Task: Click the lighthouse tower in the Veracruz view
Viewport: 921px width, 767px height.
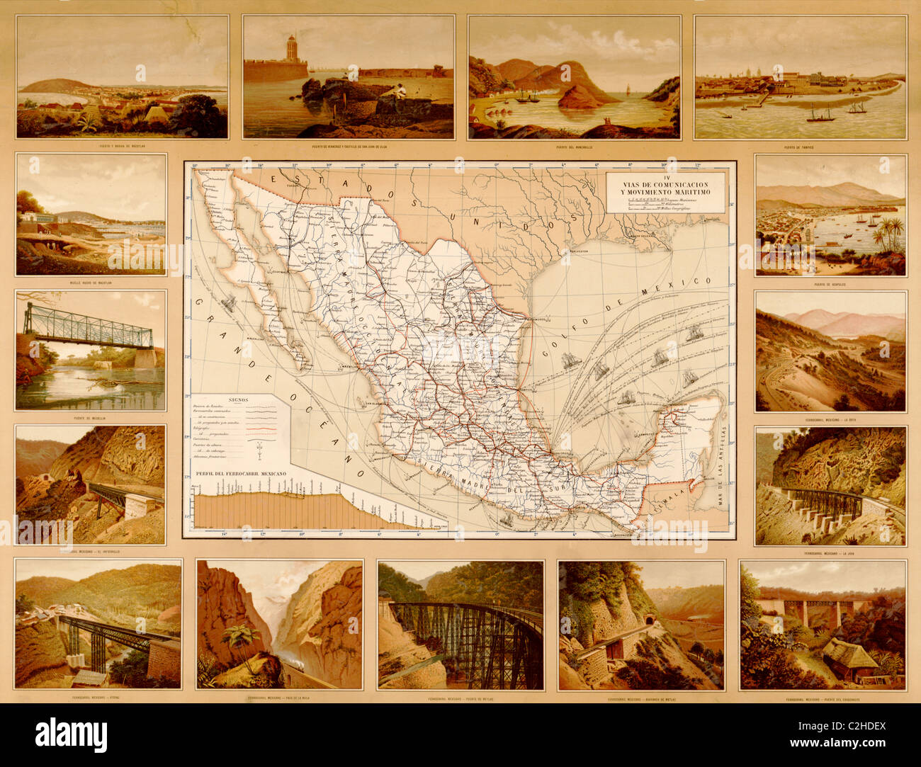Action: (290, 50)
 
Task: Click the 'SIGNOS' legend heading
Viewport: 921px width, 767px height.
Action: (237, 399)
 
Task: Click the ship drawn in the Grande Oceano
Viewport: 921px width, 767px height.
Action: (229, 302)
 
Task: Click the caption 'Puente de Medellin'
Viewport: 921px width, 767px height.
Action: (90, 418)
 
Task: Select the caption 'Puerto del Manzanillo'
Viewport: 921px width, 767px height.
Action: (573, 147)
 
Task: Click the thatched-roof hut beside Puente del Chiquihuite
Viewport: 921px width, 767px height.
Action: (850, 655)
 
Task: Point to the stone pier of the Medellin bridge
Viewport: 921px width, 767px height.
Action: (145, 358)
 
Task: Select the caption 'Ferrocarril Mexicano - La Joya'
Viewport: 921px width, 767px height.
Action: (830, 553)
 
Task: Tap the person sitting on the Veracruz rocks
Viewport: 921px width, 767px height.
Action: (398, 91)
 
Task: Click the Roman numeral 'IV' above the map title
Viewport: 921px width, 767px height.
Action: (665, 174)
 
